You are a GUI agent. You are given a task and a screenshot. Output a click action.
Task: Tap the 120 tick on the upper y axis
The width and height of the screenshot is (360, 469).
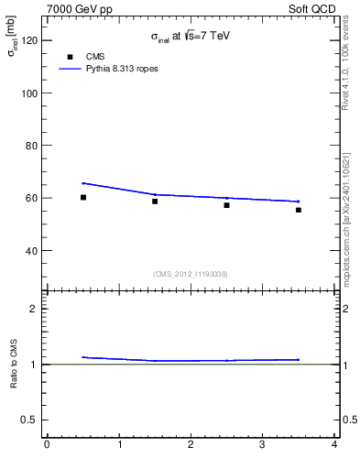pos(29,40)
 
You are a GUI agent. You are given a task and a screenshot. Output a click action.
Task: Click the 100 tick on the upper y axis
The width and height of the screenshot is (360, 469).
pos(29,93)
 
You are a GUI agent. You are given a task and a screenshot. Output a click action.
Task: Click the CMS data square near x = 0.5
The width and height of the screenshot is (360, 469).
pos(83,197)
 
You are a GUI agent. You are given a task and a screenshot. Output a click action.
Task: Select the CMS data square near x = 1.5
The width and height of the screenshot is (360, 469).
pos(155,202)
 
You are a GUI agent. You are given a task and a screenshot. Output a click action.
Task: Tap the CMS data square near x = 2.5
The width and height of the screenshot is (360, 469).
pos(226,205)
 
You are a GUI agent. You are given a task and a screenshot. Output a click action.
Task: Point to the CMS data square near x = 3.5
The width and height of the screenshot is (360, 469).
pos(299,210)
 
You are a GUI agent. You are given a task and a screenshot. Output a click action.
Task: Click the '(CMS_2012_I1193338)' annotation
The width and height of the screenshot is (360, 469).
pos(191,274)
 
